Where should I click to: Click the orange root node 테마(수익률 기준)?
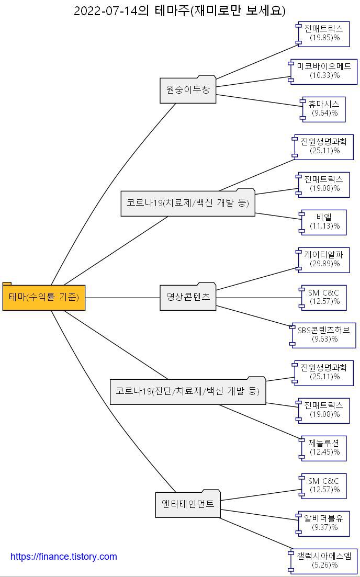44,297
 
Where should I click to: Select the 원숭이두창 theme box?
188,90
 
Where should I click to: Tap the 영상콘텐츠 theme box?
188,297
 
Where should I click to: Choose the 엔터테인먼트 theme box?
188,504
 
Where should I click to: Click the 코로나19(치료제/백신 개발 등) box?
188,203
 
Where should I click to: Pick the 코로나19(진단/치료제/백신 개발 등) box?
188,391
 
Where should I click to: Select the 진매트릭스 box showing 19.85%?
324,33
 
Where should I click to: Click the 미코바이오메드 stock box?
324,71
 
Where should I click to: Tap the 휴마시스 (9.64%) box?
324,109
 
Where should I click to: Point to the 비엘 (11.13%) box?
324,222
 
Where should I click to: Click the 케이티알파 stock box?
324,259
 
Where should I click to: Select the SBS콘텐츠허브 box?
324,335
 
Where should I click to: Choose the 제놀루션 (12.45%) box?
324,448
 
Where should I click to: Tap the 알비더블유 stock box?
324,523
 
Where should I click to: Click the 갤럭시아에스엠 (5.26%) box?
324,561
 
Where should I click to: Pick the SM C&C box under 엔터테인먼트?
324,485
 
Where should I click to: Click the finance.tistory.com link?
64,557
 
